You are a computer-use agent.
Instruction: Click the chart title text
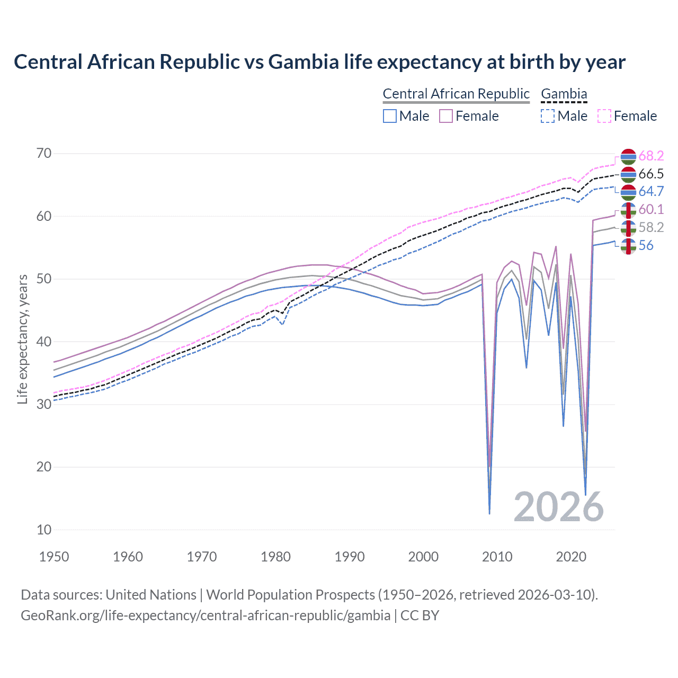[x=319, y=62]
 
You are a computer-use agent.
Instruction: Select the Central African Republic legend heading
[x=456, y=94]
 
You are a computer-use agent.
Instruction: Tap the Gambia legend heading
[x=564, y=94]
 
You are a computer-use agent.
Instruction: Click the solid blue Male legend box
[x=390, y=116]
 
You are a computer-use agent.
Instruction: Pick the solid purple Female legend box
[x=446, y=116]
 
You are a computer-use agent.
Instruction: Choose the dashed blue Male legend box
[x=548, y=116]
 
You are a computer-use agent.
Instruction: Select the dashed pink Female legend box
[x=604, y=116]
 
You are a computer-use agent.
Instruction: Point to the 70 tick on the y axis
[x=44, y=154]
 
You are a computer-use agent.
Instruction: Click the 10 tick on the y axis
[x=44, y=530]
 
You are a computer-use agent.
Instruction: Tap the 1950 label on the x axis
[x=54, y=557]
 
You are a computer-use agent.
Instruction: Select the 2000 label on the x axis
[x=423, y=557]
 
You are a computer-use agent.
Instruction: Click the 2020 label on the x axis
[x=571, y=557]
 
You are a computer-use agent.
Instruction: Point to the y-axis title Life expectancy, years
[x=22, y=339]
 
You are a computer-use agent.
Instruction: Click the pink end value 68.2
[x=651, y=156]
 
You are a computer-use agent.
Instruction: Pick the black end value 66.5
[x=651, y=174]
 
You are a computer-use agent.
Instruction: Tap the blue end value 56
[x=646, y=245]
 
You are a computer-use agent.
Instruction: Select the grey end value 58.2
[x=651, y=227]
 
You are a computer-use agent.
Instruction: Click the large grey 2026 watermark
[x=558, y=507]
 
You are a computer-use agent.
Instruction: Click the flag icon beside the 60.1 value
[x=628, y=210]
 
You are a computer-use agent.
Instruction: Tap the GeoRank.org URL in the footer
[x=206, y=615]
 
